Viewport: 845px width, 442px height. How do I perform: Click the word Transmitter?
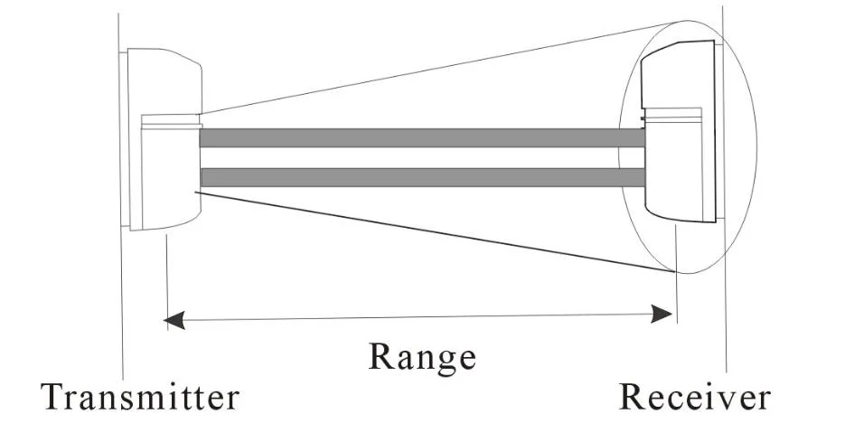[x=141, y=398]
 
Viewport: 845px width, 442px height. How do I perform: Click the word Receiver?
[x=695, y=398]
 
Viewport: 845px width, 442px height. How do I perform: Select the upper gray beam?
[x=421, y=138]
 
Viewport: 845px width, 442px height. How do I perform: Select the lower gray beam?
[x=421, y=177]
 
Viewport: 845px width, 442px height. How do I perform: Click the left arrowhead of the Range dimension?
[x=173, y=319]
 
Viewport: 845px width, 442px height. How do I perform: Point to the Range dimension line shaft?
[x=421, y=316]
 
